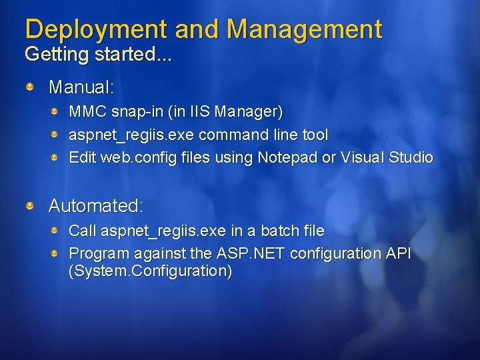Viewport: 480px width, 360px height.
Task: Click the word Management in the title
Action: (x=304, y=29)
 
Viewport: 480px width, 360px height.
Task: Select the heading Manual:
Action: (x=81, y=87)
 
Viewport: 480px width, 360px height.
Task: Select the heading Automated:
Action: (x=96, y=206)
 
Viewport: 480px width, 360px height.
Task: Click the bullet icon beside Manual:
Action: (x=31, y=87)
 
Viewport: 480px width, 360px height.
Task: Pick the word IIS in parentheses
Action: (x=191, y=111)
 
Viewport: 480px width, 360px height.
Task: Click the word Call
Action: (x=83, y=231)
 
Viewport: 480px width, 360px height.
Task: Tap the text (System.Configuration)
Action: (x=151, y=271)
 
